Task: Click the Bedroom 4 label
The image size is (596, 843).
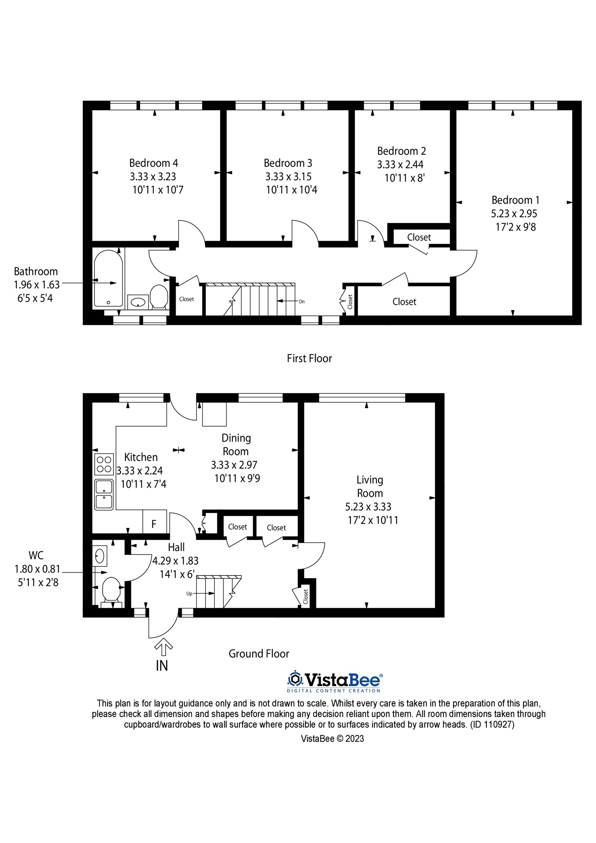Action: point(153,163)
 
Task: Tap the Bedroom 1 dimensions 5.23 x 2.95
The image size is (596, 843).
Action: point(514,213)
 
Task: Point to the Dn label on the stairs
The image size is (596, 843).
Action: point(302,302)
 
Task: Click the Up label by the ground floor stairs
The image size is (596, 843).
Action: point(189,593)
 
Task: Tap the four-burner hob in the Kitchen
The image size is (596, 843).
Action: point(104,464)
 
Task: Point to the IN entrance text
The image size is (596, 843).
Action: point(162,666)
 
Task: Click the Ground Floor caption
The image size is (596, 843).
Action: point(259,654)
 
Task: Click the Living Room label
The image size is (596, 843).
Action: point(370,486)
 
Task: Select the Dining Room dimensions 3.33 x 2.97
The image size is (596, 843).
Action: point(234,465)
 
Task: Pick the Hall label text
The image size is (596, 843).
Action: point(176,547)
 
